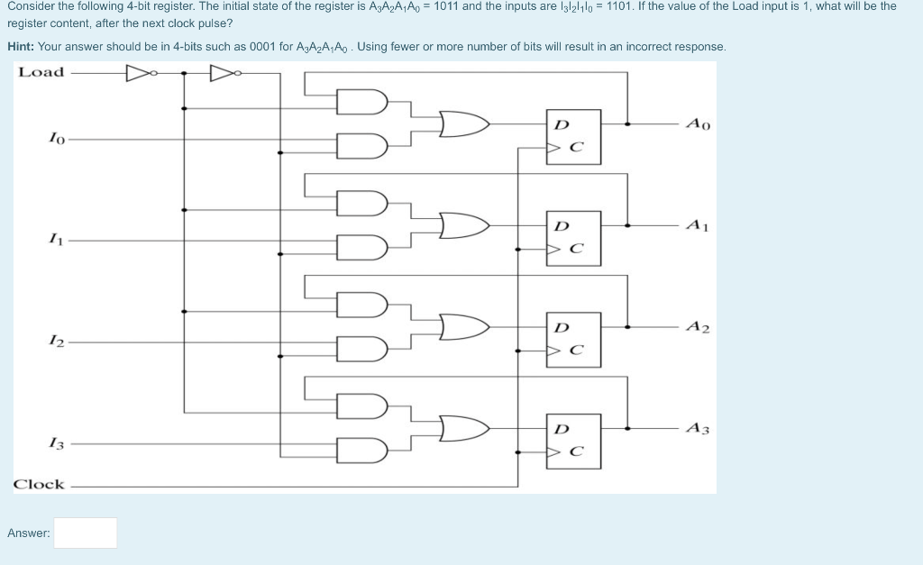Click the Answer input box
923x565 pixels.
point(85,533)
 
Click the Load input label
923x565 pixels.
point(41,72)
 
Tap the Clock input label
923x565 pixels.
point(39,484)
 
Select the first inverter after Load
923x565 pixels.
point(140,72)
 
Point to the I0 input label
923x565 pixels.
point(56,140)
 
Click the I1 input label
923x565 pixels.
point(56,241)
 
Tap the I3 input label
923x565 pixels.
point(56,443)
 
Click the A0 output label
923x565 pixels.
point(698,123)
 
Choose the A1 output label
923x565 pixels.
point(698,225)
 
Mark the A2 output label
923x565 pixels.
point(698,327)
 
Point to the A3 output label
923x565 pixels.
point(698,428)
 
